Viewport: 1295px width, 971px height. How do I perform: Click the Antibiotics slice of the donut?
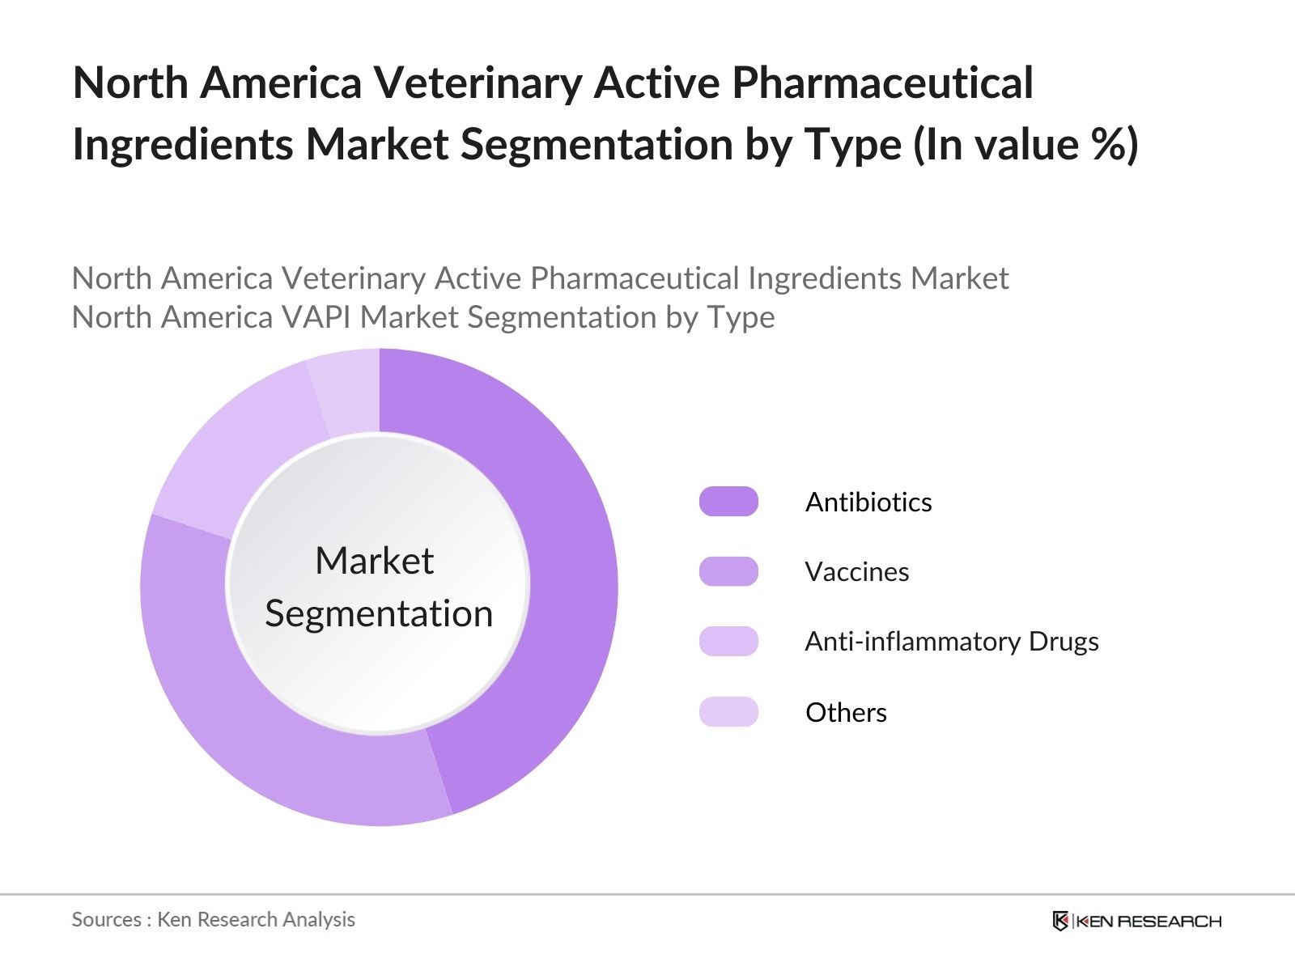[x=567, y=566]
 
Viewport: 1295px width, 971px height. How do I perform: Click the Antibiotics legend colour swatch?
[x=728, y=502]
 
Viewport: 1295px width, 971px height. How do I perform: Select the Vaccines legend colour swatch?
[x=728, y=571]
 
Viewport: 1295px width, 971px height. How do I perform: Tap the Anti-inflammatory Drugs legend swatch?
[x=728, y=641]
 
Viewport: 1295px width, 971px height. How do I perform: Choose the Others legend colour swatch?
[x=728, y=712]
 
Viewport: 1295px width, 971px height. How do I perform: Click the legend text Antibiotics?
[x=868, y=502]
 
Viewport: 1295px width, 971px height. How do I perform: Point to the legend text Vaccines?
[x=856, y=572]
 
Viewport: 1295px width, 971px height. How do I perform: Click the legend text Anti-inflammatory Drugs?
[x=951, y=642]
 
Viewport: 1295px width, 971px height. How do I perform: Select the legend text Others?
[x=846, y=713]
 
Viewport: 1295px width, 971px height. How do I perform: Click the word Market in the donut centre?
[x=374, y=561]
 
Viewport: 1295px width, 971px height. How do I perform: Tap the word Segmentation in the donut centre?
[x=379, y=613]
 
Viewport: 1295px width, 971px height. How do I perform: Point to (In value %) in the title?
[x=1025, y=146]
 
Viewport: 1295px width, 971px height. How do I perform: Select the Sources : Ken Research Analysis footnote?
[x=213, y=919]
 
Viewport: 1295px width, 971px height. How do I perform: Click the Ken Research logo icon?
[x=1060, y=921]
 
